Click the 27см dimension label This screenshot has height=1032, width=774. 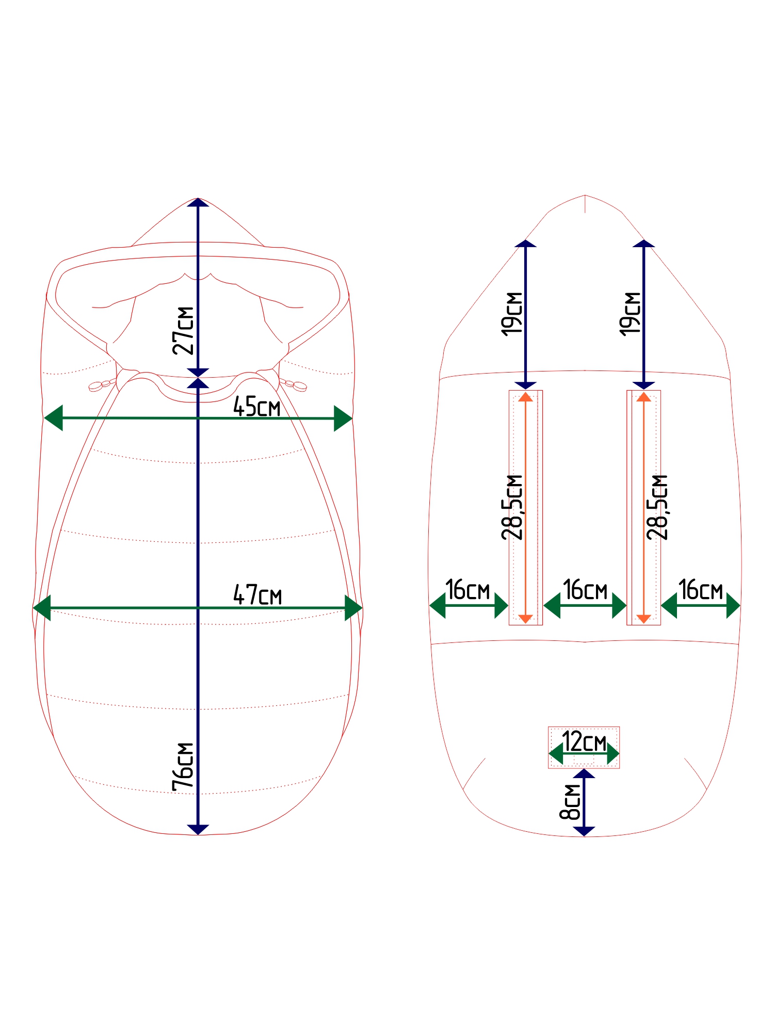184,331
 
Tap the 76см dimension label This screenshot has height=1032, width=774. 184,767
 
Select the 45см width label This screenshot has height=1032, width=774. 257,407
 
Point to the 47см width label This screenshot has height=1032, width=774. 257,595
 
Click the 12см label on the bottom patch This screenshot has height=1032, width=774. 584,741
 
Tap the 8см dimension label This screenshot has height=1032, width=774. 570,802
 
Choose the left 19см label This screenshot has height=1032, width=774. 512,314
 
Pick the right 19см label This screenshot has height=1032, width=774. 630,314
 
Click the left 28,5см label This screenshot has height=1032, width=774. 512,507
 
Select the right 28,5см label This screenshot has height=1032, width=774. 657,507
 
